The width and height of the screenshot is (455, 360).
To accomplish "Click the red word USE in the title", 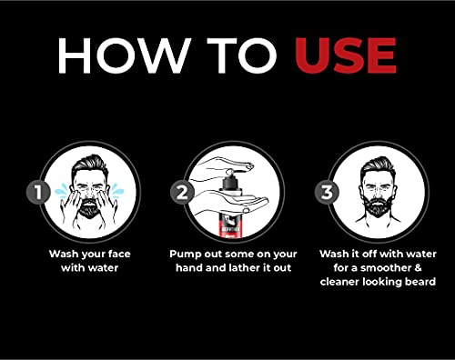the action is [345, 55].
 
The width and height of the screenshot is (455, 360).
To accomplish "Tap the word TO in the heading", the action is [242, 55].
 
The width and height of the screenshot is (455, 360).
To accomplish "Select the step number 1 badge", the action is [38, 192].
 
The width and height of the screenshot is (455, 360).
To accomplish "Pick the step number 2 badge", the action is [182, 192].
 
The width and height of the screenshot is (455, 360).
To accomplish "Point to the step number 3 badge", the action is [327, 192].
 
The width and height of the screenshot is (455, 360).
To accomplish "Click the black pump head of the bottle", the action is [232, 180].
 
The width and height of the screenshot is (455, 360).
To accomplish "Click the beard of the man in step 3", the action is [378, 205].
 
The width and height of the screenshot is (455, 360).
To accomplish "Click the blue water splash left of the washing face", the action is [62, 191].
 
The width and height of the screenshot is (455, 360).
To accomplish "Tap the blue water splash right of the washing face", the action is [116, 191].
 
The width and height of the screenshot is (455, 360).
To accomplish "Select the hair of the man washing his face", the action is [90, 166].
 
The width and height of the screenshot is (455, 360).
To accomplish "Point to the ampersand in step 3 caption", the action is [417, 268].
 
